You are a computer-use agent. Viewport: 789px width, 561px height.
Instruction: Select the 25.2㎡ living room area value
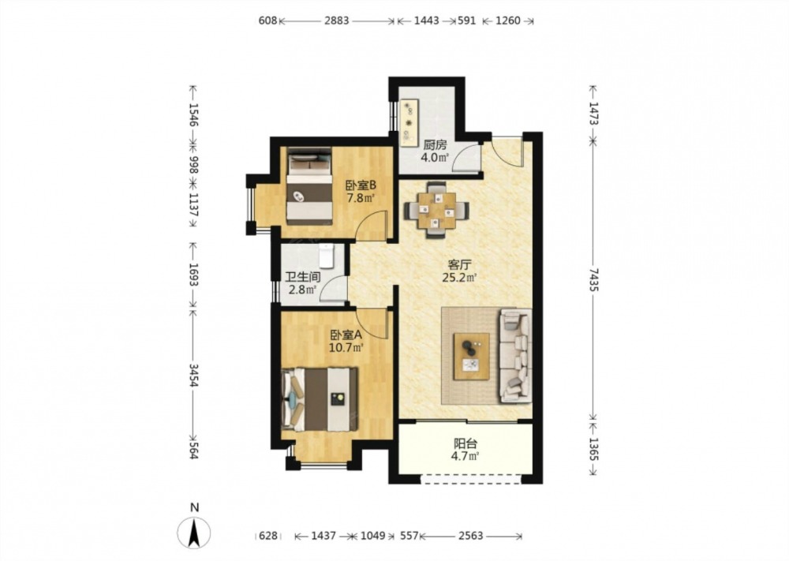coord(459,277)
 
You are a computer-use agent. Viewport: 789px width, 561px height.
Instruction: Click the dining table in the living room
coord(436,209)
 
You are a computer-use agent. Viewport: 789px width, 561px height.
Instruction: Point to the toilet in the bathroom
coord(327,256)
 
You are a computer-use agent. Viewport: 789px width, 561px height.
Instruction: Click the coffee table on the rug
coord(472,356)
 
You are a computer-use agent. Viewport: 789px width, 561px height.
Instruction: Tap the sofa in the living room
coord(515,356)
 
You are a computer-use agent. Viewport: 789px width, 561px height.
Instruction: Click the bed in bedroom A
coord(320,399)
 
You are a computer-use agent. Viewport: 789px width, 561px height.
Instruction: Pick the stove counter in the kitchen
coord(409,122)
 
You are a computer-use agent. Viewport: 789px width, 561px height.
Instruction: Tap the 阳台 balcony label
coord(466,443)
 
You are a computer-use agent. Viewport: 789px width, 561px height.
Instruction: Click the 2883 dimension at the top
coord(336,21)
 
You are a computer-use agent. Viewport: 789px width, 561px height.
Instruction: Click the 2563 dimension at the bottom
coord(471,536)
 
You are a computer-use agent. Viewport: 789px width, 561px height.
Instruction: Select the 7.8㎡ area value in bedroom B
coord(361,198)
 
